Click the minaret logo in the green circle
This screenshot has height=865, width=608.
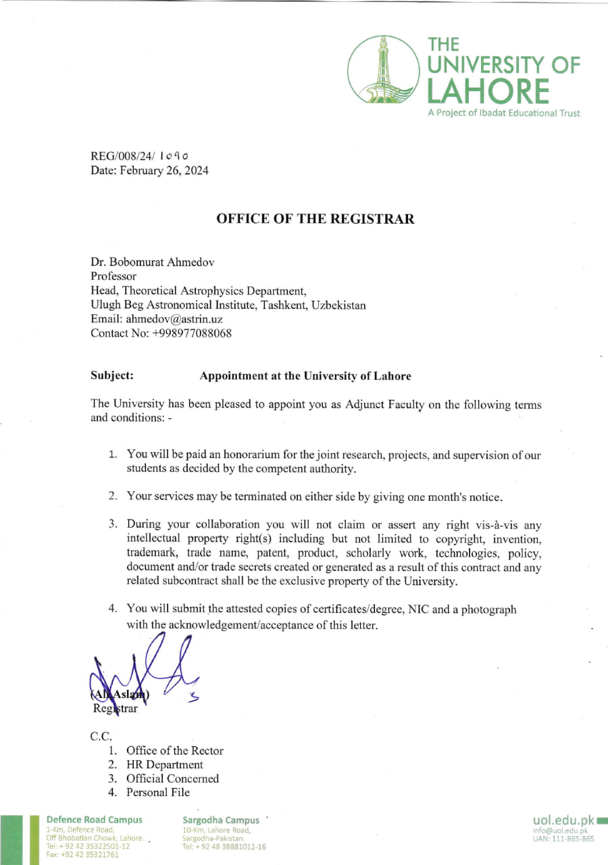click(383, 70)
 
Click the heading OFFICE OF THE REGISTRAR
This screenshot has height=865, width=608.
click(315, 219)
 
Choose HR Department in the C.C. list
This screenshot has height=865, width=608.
click(164, 765)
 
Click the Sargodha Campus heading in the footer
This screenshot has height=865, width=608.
click(221, 820)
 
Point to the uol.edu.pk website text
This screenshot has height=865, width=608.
click(563, 820)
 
